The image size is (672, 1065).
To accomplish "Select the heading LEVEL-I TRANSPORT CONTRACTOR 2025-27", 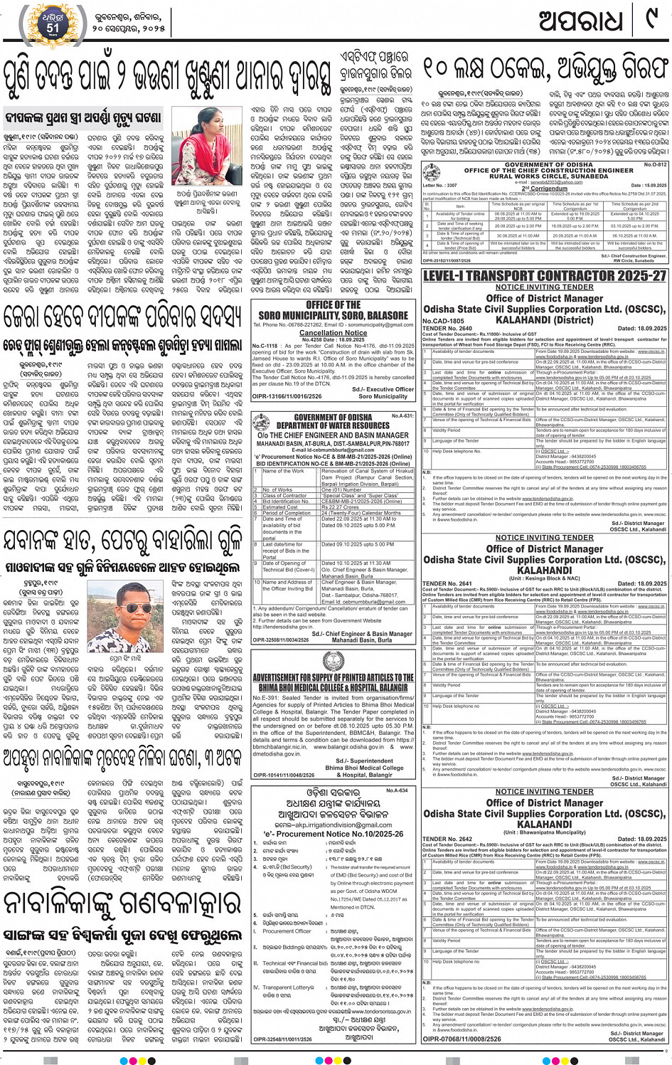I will pyautogui.click(x=545, y=275).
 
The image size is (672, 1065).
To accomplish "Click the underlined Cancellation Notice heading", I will pyautogui.click(x=333, y=332).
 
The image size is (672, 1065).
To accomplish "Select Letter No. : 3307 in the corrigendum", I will pyautogui.click(x=440, y=185).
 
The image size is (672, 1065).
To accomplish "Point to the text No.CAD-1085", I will pyautogui.click(x=443, y=321).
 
